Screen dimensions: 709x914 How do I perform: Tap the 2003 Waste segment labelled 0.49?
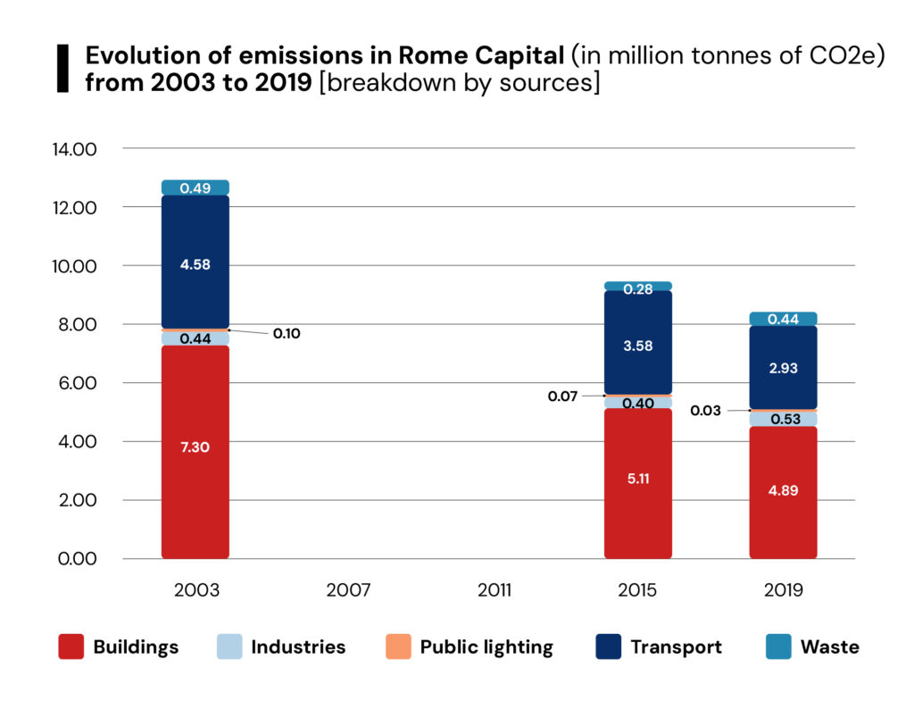click(195, 188)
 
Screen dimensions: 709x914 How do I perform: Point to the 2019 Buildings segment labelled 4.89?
click(783, 492)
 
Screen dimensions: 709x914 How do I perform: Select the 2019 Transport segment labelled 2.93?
click(783, 367)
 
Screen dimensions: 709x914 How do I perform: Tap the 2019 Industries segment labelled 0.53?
click(783, 419)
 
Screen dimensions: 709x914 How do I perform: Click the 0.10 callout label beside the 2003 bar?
click(286, 333)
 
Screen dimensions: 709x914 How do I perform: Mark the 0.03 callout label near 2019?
click(705, 411)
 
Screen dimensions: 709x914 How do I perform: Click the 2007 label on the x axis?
click(348, 590)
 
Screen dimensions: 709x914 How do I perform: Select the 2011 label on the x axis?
click(494, 590)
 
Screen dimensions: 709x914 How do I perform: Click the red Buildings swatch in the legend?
click(71, 646)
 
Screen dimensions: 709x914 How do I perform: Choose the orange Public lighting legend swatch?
click(399, 646)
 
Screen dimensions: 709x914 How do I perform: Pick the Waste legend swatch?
click(779, 646)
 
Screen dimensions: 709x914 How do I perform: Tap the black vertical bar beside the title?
click(62, 68)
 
